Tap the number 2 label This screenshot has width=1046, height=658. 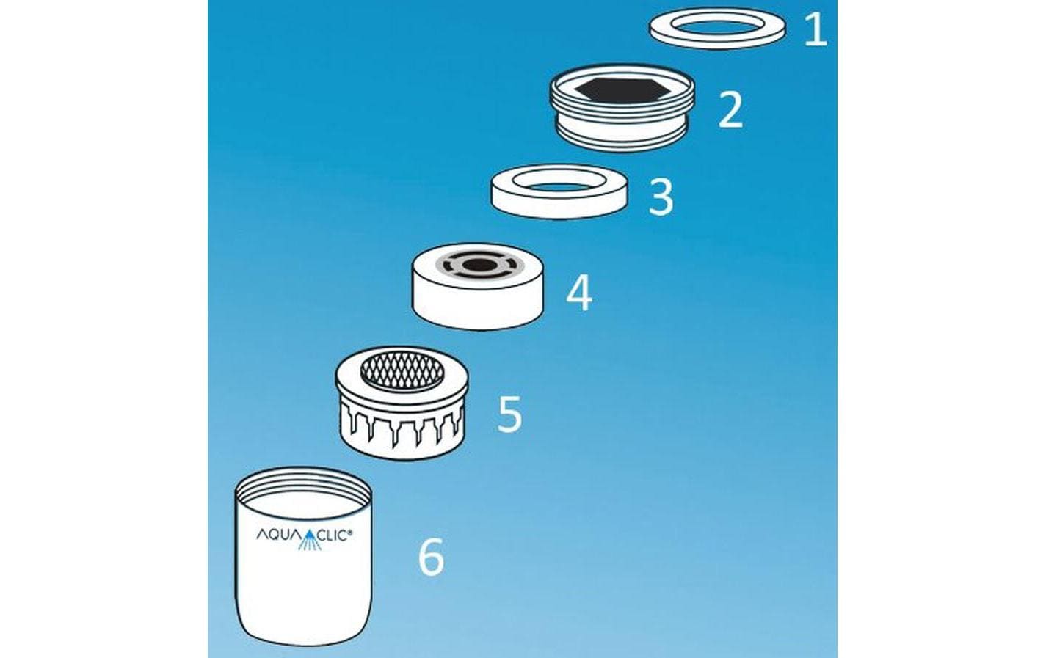[730, 110]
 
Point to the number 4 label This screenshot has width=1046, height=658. [579, 293]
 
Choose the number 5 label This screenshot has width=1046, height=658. [509, 414]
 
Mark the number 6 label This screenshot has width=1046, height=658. [431, 557]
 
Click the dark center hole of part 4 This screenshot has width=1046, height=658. [479, 266]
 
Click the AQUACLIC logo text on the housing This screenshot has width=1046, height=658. [304, 534]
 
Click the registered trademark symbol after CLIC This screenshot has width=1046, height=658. [350, 530]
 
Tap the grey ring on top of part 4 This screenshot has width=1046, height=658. [479, 266]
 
